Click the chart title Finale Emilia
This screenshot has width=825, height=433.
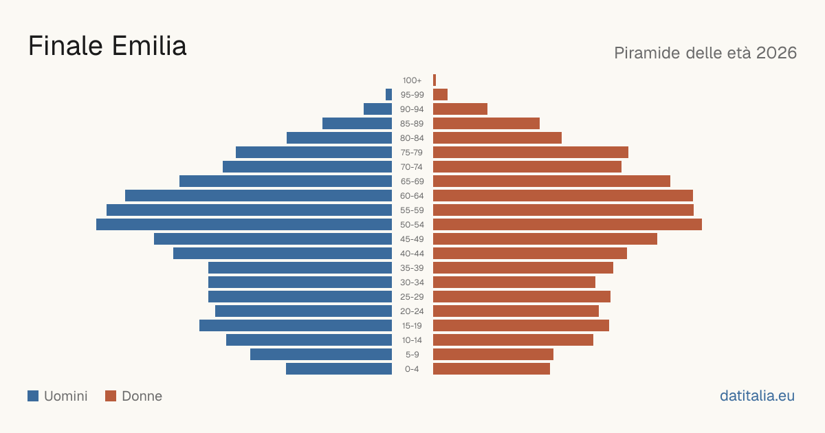coord(107,46)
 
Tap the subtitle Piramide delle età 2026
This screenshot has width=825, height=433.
coord(705,53)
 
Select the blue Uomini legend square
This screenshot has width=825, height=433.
coord(33,396)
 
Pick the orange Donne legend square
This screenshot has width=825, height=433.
coord(111,396)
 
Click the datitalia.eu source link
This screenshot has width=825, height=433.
coord(757,396)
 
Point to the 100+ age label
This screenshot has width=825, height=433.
coord(412,80)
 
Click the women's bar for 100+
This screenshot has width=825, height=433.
coord(434,80)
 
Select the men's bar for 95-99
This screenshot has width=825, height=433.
coord(389,95)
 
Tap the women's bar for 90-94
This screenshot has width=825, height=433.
coord(461,109)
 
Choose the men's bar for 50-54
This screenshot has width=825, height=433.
coord(244,225)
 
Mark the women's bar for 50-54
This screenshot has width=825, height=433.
coord(568,225)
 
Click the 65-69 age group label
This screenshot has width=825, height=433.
coord(412,181)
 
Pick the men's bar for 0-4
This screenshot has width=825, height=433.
coord(339,369)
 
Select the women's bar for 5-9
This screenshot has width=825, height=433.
coord(493,355)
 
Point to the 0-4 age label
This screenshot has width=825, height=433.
coord(412,369)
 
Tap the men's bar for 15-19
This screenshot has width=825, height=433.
coord(296,326)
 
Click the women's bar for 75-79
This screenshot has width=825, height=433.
coord(531,153)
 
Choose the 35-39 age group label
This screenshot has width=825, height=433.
coord(412,268)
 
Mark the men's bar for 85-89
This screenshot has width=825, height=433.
coord(357,123)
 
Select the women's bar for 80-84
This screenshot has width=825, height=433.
coord(497,138)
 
